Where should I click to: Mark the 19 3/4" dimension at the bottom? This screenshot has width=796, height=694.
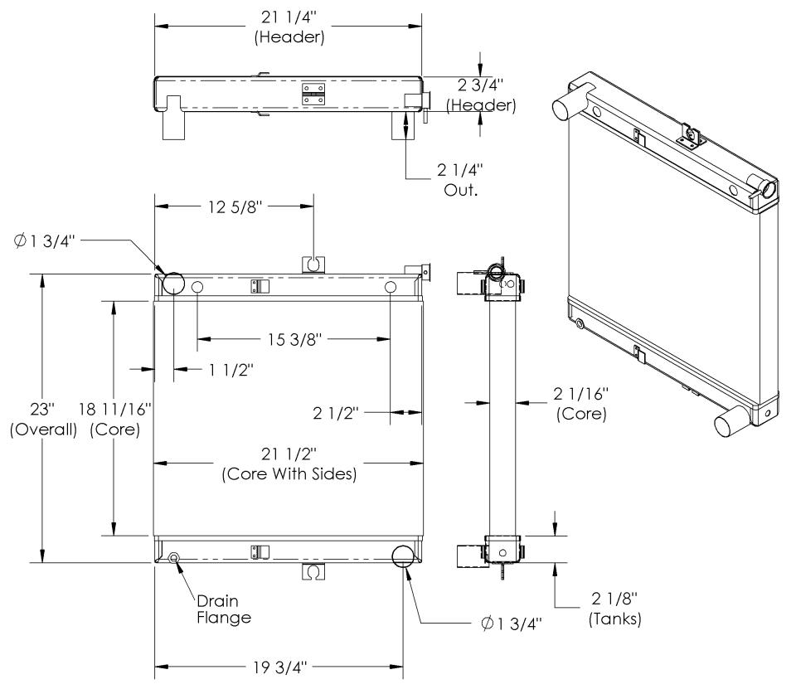point(279,666)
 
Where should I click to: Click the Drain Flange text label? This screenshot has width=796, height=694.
point(223,609)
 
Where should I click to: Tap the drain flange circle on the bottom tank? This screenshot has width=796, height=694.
point(174,557)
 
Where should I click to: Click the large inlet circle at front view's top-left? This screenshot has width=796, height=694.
point(175,282)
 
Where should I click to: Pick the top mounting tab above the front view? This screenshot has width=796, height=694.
point(313,264)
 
